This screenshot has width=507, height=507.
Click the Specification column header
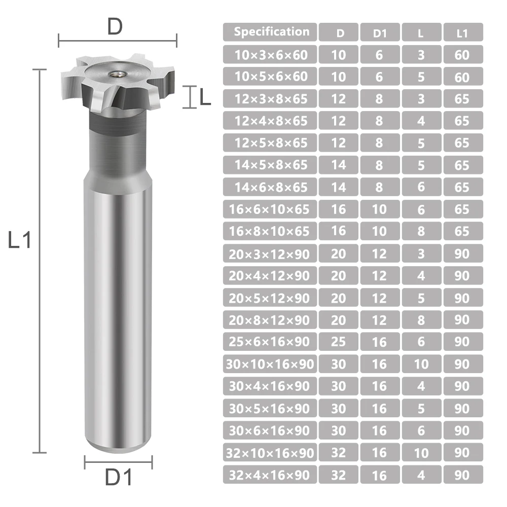pyautogui.click(x=270, y=32)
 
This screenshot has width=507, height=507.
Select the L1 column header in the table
pyautogui.click(x=463, y=32)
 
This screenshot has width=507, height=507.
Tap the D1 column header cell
pyautogui.click(x=380, y=32)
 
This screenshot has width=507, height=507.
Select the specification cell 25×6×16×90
pyautogui.click(x=270, y=341)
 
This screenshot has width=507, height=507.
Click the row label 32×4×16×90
pyautogui.click(x=270, y=475)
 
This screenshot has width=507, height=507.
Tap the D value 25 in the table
pyautogui.click(x=339, y=341)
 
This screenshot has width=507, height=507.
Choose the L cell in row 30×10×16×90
pyautogui.click(x=421, y=364)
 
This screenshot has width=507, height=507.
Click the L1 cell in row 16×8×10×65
pyautogui.click(x=463, y=231)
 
